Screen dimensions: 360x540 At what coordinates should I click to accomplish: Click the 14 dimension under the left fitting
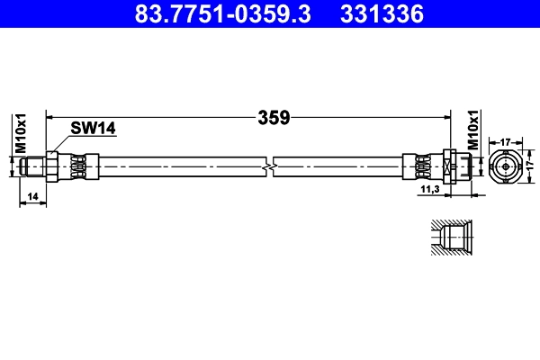coord(32,195)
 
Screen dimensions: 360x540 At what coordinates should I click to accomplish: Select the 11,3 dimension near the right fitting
coord(430,189)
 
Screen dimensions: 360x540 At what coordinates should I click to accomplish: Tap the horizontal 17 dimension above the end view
coord(506,141)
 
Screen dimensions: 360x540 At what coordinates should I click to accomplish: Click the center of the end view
coord(506,166)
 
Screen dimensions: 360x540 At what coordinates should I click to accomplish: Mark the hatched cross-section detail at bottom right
coord(446,240)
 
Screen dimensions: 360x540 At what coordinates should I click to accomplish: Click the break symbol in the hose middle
coord(268,166)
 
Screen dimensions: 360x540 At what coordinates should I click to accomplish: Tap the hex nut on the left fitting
coord(53,166)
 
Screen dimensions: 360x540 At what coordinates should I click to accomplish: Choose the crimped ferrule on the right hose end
coord(417,166)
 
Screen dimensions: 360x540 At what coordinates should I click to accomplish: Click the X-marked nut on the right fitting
coord(448,166)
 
